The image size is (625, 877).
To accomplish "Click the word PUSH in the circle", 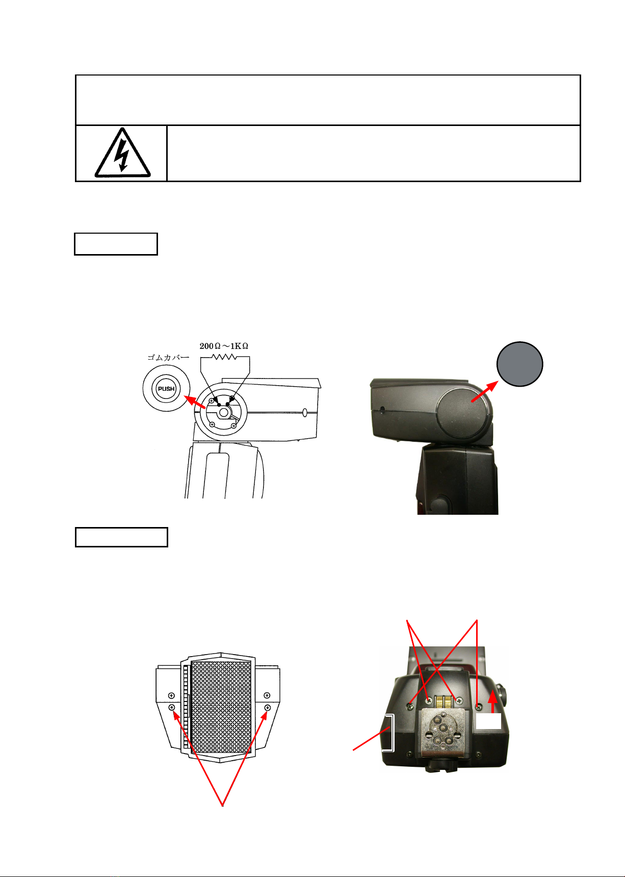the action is point(166,389).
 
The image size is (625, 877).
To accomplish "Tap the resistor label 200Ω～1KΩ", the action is point(224,346).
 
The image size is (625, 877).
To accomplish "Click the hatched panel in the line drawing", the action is point(221,707).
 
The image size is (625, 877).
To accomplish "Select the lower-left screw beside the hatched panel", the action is point(172,707).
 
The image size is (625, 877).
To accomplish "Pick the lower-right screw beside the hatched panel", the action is point(267,707).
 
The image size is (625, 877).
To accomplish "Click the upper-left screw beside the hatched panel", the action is point(171,695).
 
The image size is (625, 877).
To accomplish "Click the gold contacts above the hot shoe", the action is point(444,701).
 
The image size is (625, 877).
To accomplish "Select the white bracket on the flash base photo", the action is point(390,733).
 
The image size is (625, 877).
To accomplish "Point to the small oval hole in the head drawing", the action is point(305,412).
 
